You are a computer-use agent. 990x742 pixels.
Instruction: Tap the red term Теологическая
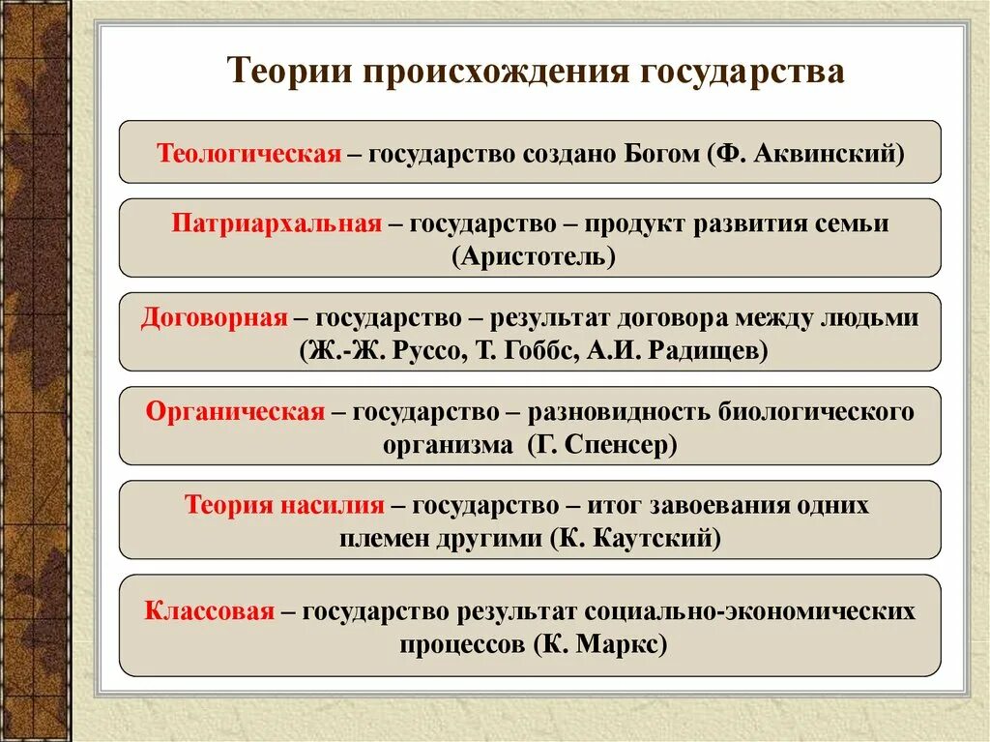tap(249, 153)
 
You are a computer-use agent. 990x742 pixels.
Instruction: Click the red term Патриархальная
tap(277, 223)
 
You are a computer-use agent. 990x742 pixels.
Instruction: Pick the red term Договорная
tap(215, 318)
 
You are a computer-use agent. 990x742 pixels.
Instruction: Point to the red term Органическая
tap(235, 412)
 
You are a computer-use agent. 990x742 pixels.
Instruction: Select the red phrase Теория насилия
tap(284, 506)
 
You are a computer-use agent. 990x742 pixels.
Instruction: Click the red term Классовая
tap(210, 611)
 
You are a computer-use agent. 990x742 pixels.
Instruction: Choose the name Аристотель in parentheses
tap(530, 256)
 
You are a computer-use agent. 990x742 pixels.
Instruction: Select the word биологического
tap(816, 412)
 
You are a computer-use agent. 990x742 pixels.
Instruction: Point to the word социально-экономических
tap(748, 611)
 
